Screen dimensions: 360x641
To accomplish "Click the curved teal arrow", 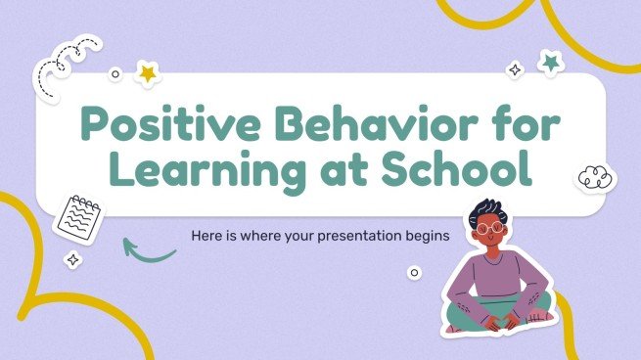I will tap(147, 250).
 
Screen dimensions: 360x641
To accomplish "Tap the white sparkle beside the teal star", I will tap(514, 70).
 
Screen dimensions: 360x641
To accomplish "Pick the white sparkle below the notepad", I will tap(71, 260).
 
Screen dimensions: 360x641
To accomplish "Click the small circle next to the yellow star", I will tap(115, 73).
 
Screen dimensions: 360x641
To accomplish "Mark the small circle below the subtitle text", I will tap(414, 273).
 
